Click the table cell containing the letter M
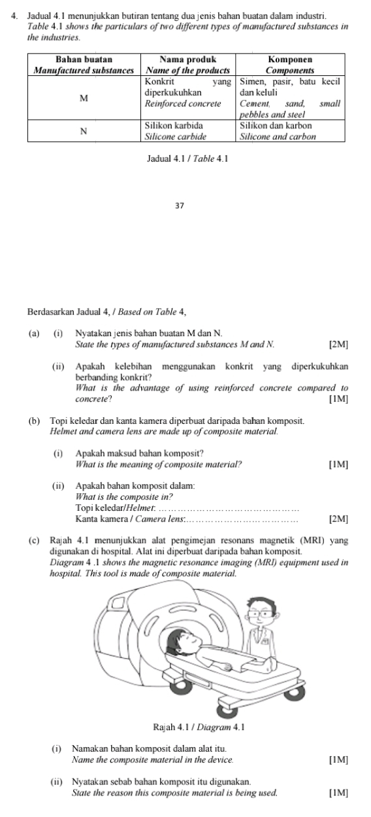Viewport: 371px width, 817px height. (84, 97)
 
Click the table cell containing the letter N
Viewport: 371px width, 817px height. (84, 131)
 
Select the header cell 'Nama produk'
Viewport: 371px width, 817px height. (188, 65)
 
